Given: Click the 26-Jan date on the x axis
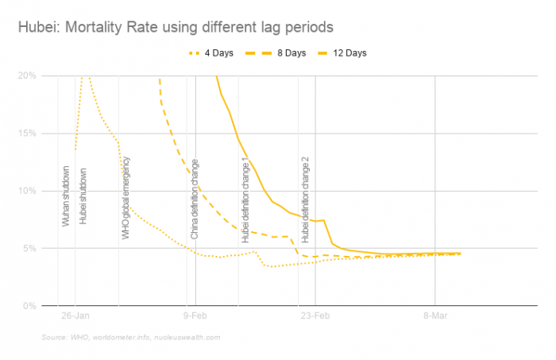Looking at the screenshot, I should point(74,315).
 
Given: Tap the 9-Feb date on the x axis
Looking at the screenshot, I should point(195,315).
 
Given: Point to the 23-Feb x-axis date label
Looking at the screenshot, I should point(315,315).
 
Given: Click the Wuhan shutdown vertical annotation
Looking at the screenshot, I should point(67,195).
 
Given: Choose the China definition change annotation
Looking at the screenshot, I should point(195,199).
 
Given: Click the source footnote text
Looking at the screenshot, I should point(132,338).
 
